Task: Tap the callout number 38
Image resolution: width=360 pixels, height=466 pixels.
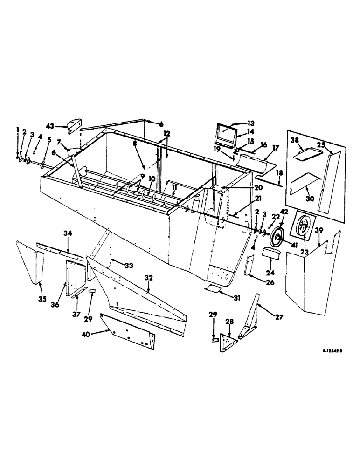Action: click(295, 139)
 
